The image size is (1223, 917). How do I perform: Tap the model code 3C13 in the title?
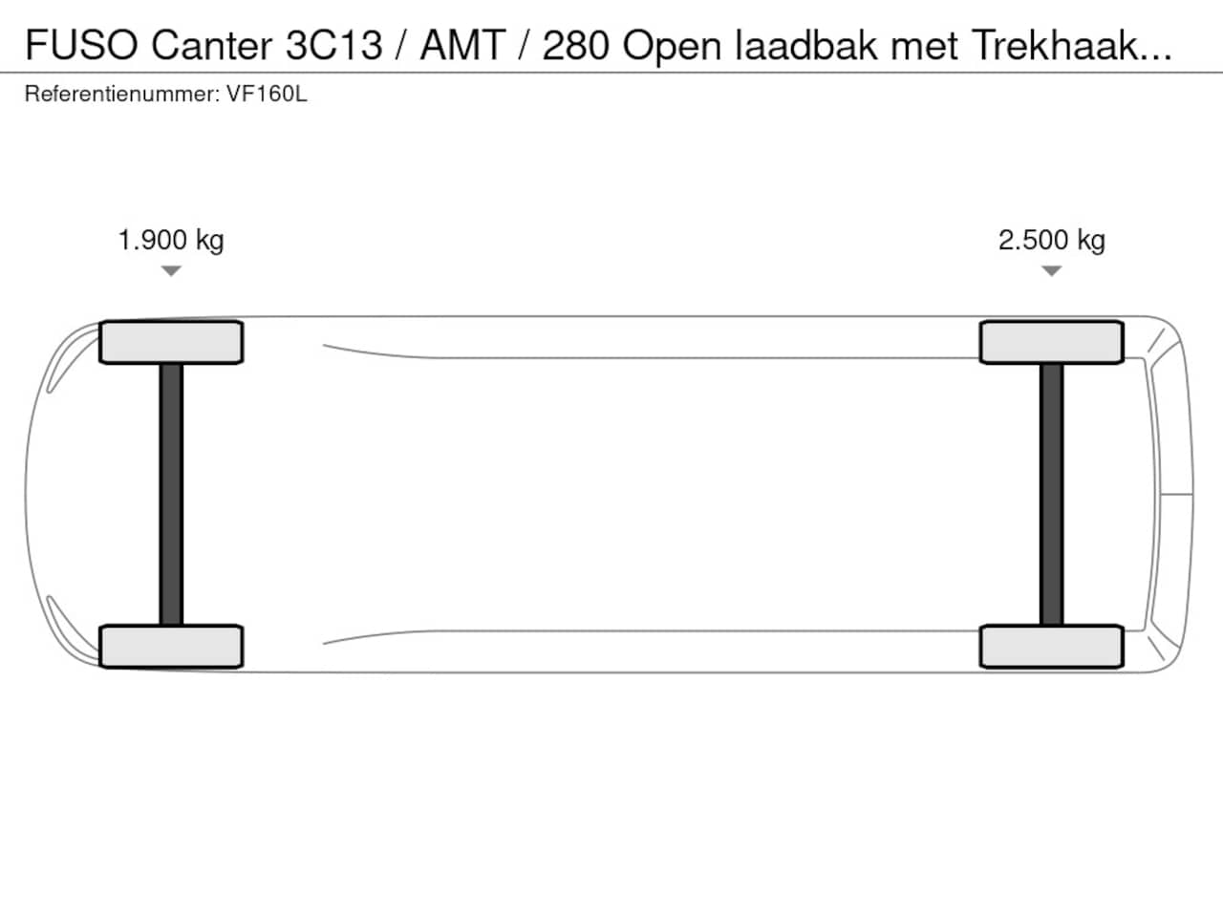[x=333, y=45]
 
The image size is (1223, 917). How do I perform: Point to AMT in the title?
[x=462, y=45]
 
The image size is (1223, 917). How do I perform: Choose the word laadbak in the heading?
[x=806, y=45]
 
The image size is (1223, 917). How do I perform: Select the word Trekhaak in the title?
[x=1061, y=45]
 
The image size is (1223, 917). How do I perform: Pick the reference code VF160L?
[x=267, y=95]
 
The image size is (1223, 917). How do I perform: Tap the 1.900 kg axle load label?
[x=171, y=240]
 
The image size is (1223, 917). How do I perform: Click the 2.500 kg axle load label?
[x=1052, y=240]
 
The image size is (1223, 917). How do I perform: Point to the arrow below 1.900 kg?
[x=171, y=271]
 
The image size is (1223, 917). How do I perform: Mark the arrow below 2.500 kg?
[x=1052, y=271]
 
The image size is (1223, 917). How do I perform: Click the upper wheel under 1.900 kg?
[x=171, y=342]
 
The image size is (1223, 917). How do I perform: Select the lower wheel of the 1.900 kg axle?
[x=171, y=647]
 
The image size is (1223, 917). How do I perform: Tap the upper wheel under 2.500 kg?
[x=1052, y=342]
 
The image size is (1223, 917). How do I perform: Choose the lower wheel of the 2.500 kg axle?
[x=1052, y=647]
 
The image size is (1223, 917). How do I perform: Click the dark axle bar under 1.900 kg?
[x=171, y=494]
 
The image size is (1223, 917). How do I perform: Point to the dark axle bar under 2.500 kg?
[x=1052, y=494]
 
